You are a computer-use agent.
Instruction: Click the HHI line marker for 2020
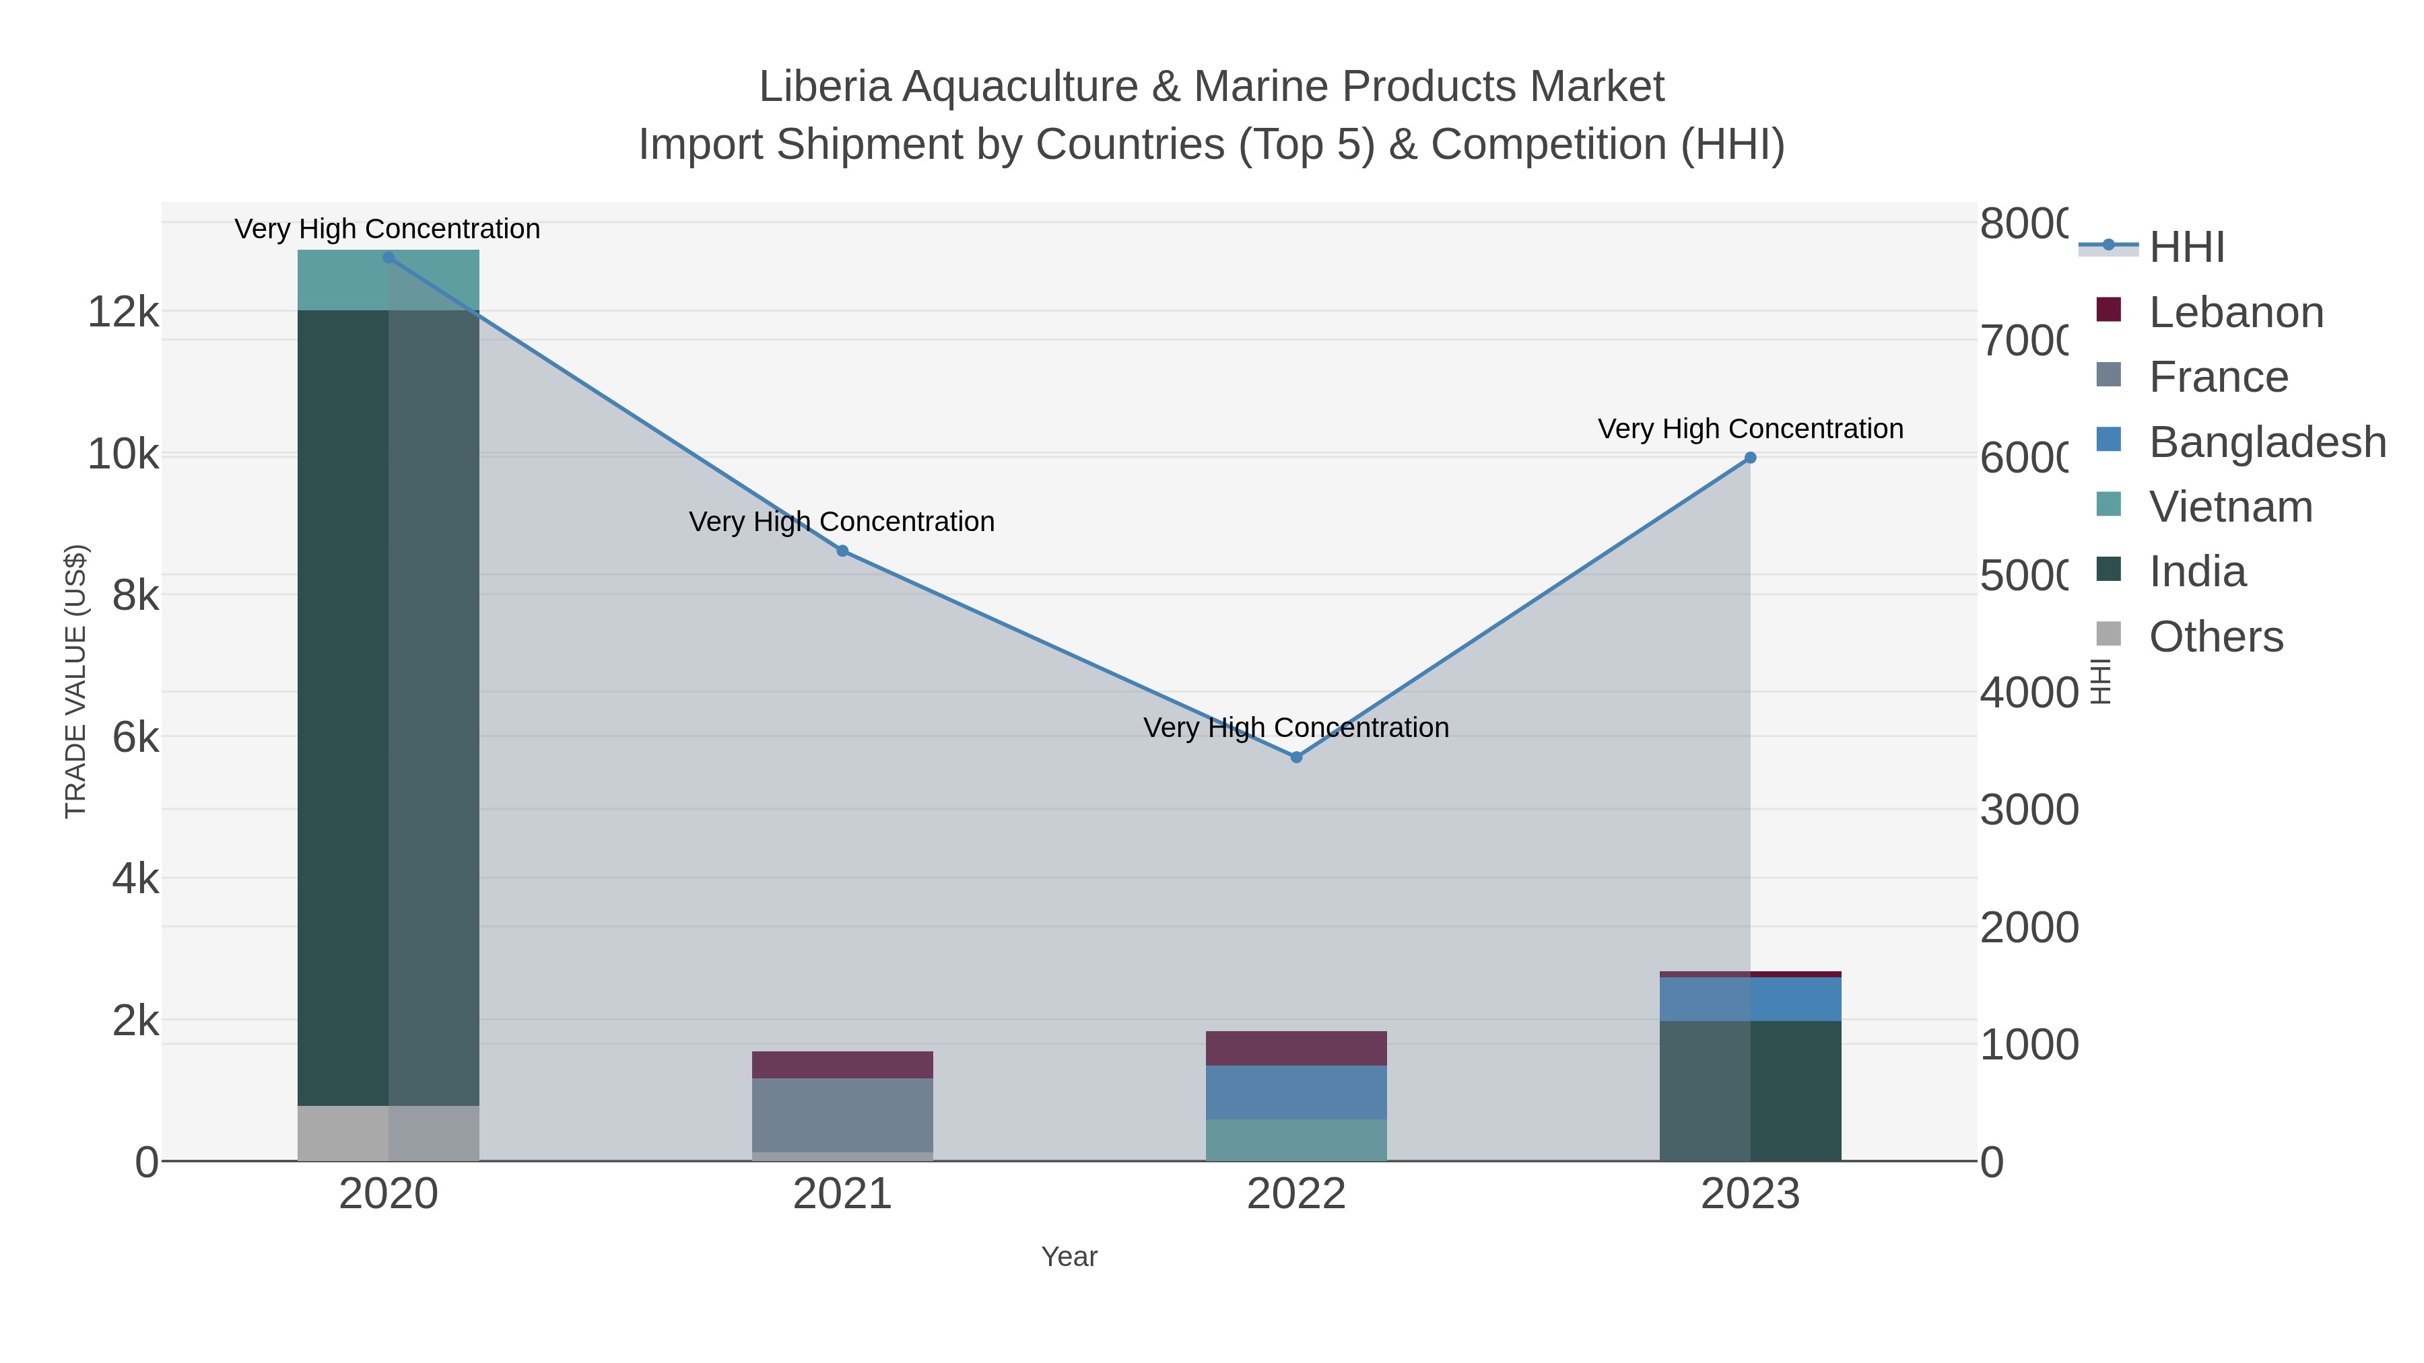(x=389, y=258)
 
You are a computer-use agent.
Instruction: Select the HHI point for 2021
(x=842, y=551)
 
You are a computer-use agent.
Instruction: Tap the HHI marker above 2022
(x=1295, y=757)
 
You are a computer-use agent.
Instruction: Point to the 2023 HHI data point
(x=1750, y=458)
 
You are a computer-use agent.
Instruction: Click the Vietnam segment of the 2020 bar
(x=389, y=280)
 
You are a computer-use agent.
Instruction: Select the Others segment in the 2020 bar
(x=389, y=1133)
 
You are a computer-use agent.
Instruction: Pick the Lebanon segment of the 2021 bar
(x=842, y=1065)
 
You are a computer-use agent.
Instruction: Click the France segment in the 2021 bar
(x=842, y=1115)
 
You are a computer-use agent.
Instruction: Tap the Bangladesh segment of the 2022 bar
(x=1295, y=1092)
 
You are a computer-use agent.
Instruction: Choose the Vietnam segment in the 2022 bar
(x=1295, y=1140)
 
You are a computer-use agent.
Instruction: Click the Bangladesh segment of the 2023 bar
(x=1750, y=999)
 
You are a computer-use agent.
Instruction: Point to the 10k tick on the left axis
(x=123, y=455)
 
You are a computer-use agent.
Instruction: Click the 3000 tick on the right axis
(x=2029, y=810)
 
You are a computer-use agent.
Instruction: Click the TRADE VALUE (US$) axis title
(x=75, y=681)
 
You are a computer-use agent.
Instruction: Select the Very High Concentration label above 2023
(x=1750, y=429)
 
